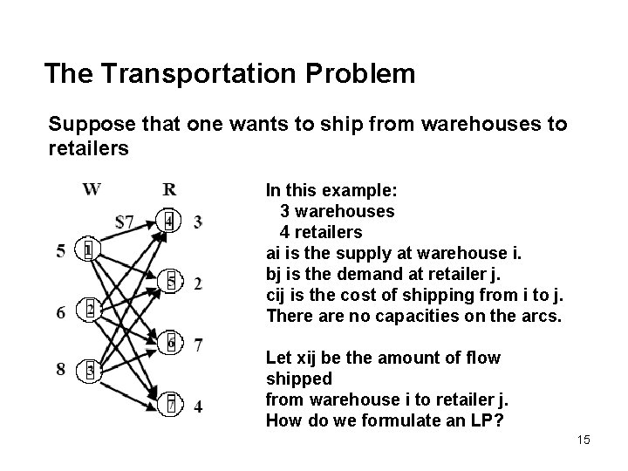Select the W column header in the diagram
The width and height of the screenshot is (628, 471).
tap(92, 189)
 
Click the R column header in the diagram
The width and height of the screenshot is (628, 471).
tap(170, 189)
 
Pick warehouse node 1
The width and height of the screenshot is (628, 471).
tap(89, 250)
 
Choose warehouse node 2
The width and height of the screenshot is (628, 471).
tap(90, 309)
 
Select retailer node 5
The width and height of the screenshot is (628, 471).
tap(172, 281)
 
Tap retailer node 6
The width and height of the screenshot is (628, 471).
tap(172, 343)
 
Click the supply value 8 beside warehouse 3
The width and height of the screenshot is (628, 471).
tap(61, 369)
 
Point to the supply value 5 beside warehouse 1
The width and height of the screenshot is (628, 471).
tap(61, 251)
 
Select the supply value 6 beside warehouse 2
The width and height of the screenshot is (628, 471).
tap(61, 311)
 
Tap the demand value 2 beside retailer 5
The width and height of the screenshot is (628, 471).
tap(198, 283)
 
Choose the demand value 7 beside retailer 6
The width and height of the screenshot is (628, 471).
tap(199, 344)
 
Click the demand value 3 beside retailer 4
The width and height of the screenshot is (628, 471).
tap(199, 222)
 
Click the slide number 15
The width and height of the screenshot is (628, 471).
tap(583, 440)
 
